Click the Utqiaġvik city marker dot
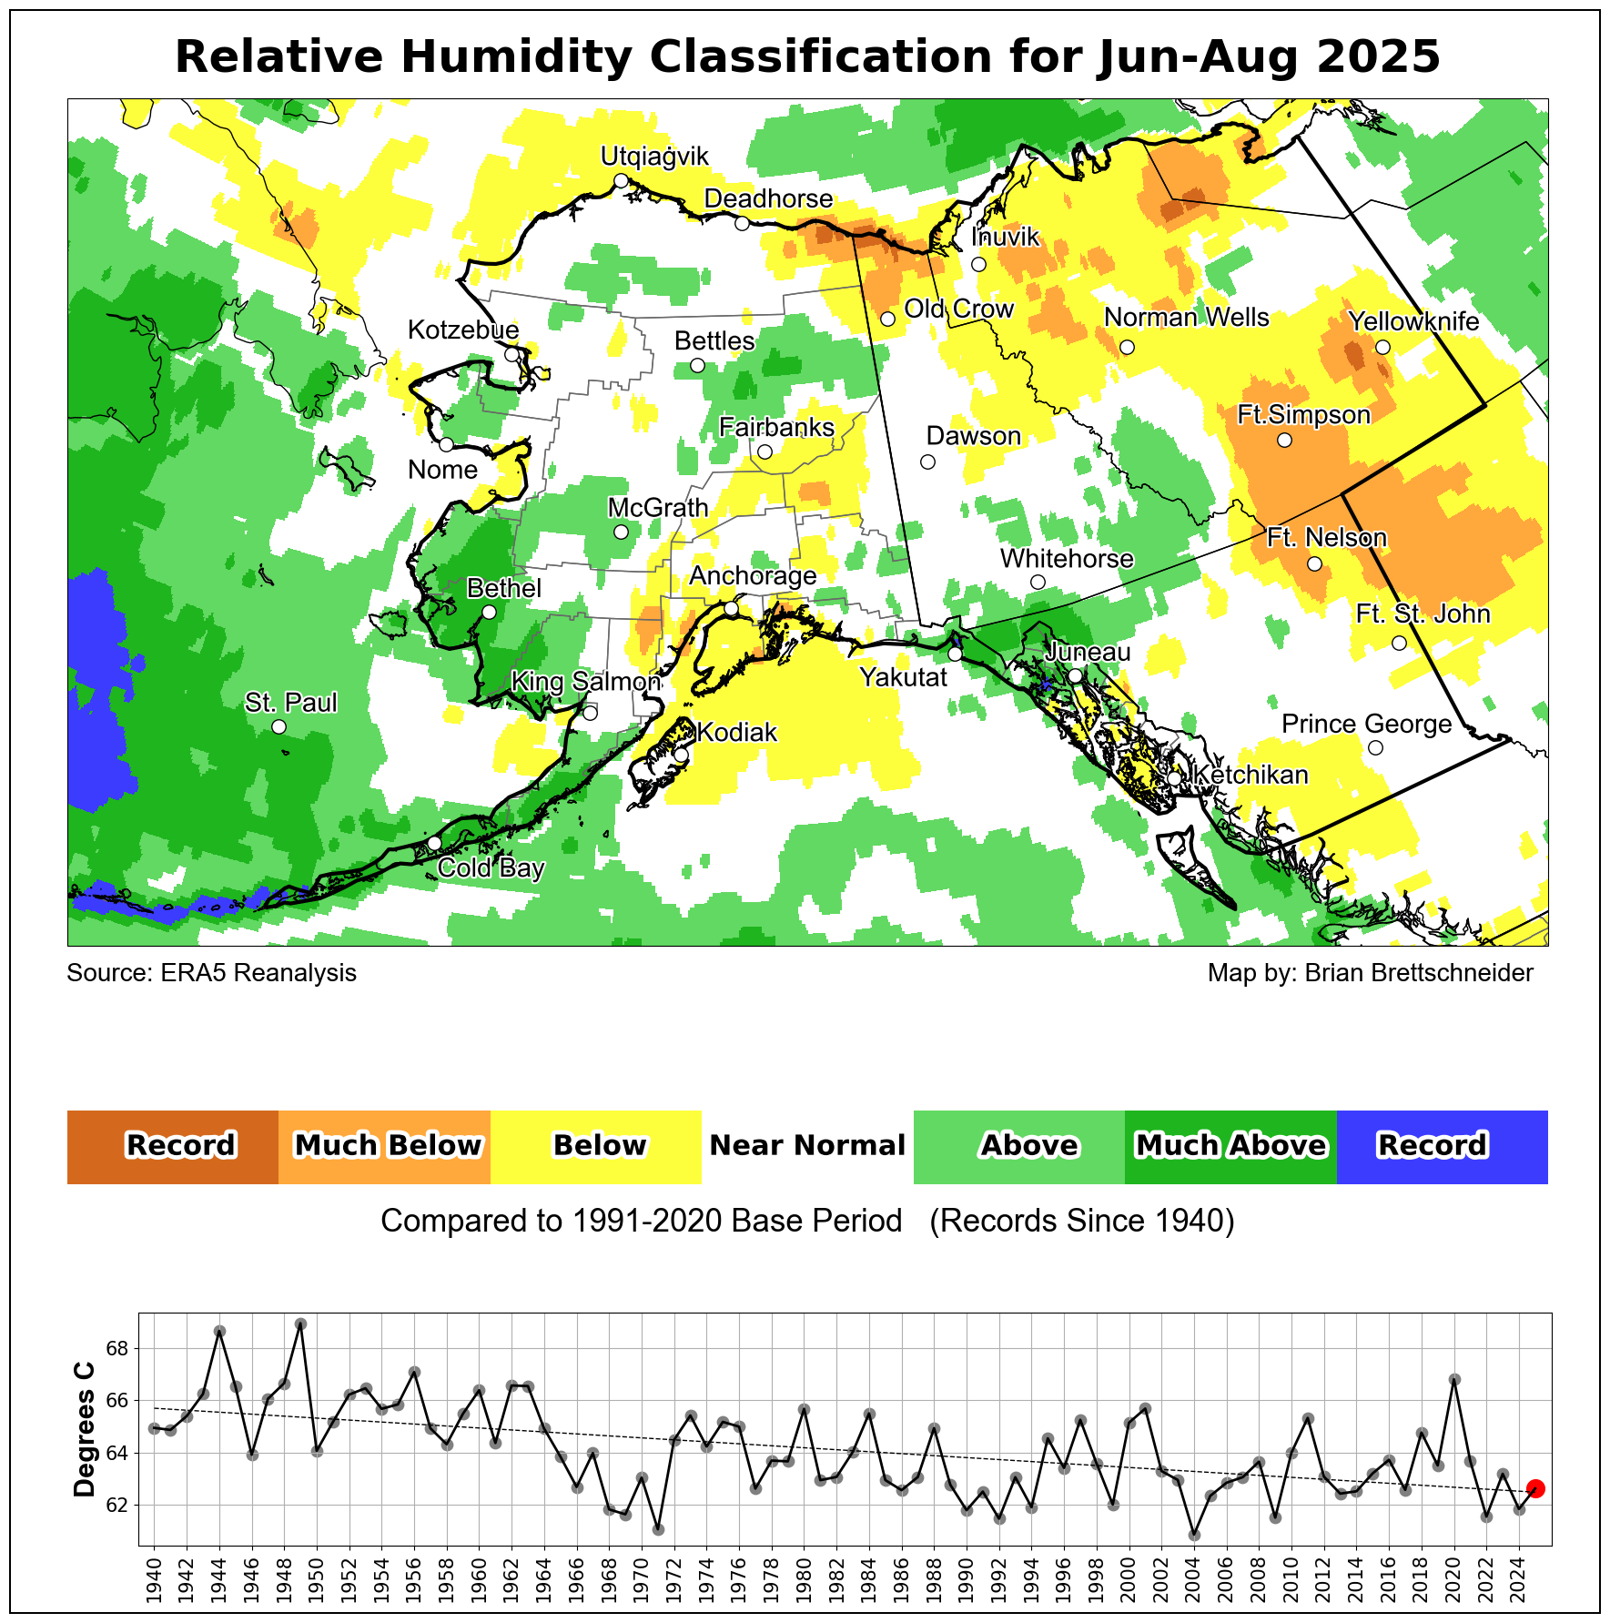coord(621,180)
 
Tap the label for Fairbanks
coord(776,427)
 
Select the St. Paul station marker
coord(279,726)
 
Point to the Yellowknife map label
coord(1413,321)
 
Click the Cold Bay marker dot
coord(435,843)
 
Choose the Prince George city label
coord(1366,725)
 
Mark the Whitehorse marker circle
coord(1038,582)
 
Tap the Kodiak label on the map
coord(737,733)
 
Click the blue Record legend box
coord(1442,1147)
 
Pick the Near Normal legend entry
coord(807,1147)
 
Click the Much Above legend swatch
coord(1230,1147)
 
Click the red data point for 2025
coord(1535,1488)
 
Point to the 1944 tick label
coord(219,1579)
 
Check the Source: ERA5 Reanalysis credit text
coord(212,973)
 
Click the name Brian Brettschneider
coord(1419,973)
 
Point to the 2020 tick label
coord(1454,1579)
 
